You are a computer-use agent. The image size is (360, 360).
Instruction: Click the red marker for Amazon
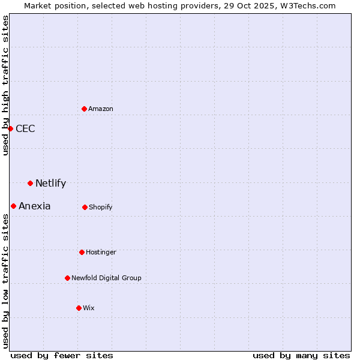84,109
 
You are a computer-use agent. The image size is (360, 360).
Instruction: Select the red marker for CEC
10,128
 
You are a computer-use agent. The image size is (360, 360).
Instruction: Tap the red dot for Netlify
30,183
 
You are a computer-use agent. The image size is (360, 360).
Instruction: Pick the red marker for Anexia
13,206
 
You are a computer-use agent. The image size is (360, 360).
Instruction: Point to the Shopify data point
85,207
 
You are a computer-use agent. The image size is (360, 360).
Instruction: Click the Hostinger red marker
82,252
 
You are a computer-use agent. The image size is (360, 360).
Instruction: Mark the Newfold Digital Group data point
67,278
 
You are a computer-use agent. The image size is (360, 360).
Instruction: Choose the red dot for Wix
79,308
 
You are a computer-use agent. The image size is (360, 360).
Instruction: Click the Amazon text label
101,109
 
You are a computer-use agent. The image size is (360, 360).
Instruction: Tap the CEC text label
25,129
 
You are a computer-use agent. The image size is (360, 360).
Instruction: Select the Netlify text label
50,184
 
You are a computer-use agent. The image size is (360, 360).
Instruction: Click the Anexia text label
35,206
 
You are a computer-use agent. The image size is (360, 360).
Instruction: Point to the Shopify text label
101,208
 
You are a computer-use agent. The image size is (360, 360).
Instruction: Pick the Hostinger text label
101,253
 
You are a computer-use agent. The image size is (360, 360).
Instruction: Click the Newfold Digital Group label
106,278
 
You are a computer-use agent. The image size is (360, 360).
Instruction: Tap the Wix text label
89,308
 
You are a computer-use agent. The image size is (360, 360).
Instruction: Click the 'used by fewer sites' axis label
62,355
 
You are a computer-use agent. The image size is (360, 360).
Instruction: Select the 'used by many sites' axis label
301,355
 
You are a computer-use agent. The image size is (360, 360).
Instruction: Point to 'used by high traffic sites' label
6,85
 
